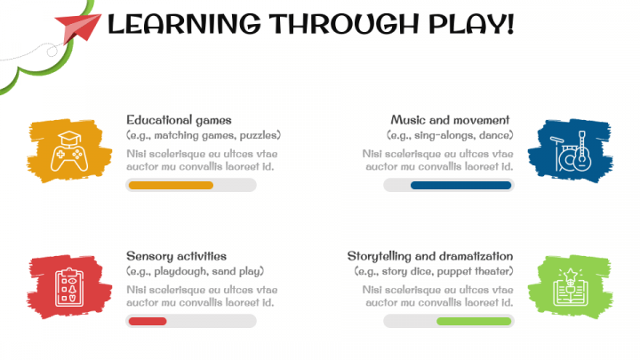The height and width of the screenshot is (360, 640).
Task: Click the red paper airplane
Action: (78, 28)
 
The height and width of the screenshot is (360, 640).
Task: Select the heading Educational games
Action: (179, 119)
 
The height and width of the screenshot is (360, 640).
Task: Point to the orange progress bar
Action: (171, 185)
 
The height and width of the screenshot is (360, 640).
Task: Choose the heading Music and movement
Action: (450, 119)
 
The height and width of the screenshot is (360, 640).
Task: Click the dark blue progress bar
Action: (460, 185)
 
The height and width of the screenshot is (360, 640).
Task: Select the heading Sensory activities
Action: (176, 255)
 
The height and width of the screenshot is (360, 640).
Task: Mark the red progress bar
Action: (148, 321)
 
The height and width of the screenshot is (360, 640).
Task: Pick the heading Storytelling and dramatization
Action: (429, 255)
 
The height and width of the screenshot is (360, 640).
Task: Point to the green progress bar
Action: (474, 321)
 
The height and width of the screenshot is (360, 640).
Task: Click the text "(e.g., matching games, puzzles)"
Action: (204, 135)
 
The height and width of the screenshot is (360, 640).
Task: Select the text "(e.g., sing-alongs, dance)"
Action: (450, 135)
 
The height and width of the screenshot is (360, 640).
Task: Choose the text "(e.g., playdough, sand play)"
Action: (196, 271)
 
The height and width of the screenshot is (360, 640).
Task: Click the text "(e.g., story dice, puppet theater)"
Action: (433, 271)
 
